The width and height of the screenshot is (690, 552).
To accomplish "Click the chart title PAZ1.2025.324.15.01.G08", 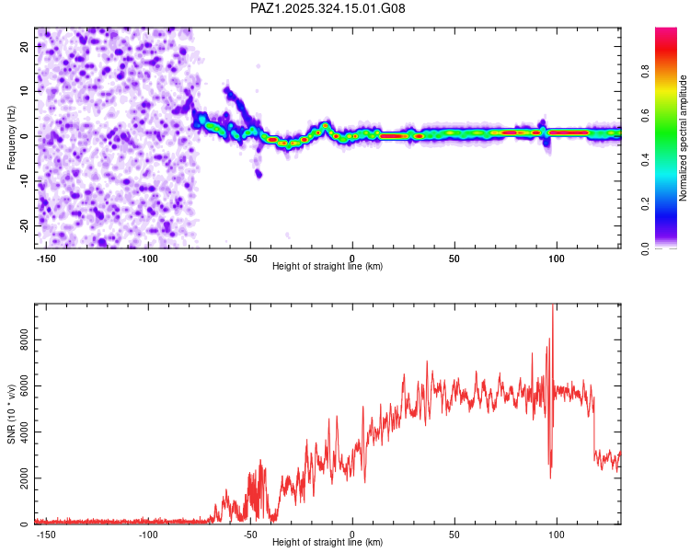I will pyautogui.click(x=328, y=8).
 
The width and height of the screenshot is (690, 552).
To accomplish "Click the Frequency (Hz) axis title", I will pyautogui.click(x=11, y=138).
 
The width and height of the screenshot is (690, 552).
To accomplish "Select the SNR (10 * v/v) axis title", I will pyautogui.click(x=11, y=414).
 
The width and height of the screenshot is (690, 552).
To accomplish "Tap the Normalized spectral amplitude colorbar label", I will pyautogui.click(x=683, y=138).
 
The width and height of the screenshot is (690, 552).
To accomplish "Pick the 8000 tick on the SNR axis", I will pyautogui.click(x=18, y=339).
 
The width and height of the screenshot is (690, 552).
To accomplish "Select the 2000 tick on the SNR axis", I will pyautogui.click(x=18, y=478).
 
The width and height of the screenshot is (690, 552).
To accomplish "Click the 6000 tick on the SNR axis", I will pyautogui.click(x=18, y=385).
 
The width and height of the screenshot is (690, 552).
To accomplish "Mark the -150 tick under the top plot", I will pyautogui.click(x=47, y=259).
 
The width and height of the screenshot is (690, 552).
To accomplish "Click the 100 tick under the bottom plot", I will pyautogui.click(x=556, y=535).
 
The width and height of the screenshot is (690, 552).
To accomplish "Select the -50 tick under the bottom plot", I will pyautogui.click(x=250, y=535).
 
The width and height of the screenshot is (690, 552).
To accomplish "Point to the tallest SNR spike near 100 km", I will pyautogui.click(x=552, y=306).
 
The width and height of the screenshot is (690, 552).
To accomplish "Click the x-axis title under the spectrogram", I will pyautogui.click(x=328, y=267).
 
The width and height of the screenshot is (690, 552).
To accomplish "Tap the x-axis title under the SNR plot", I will pyautogui.click(x=328, y=543).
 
